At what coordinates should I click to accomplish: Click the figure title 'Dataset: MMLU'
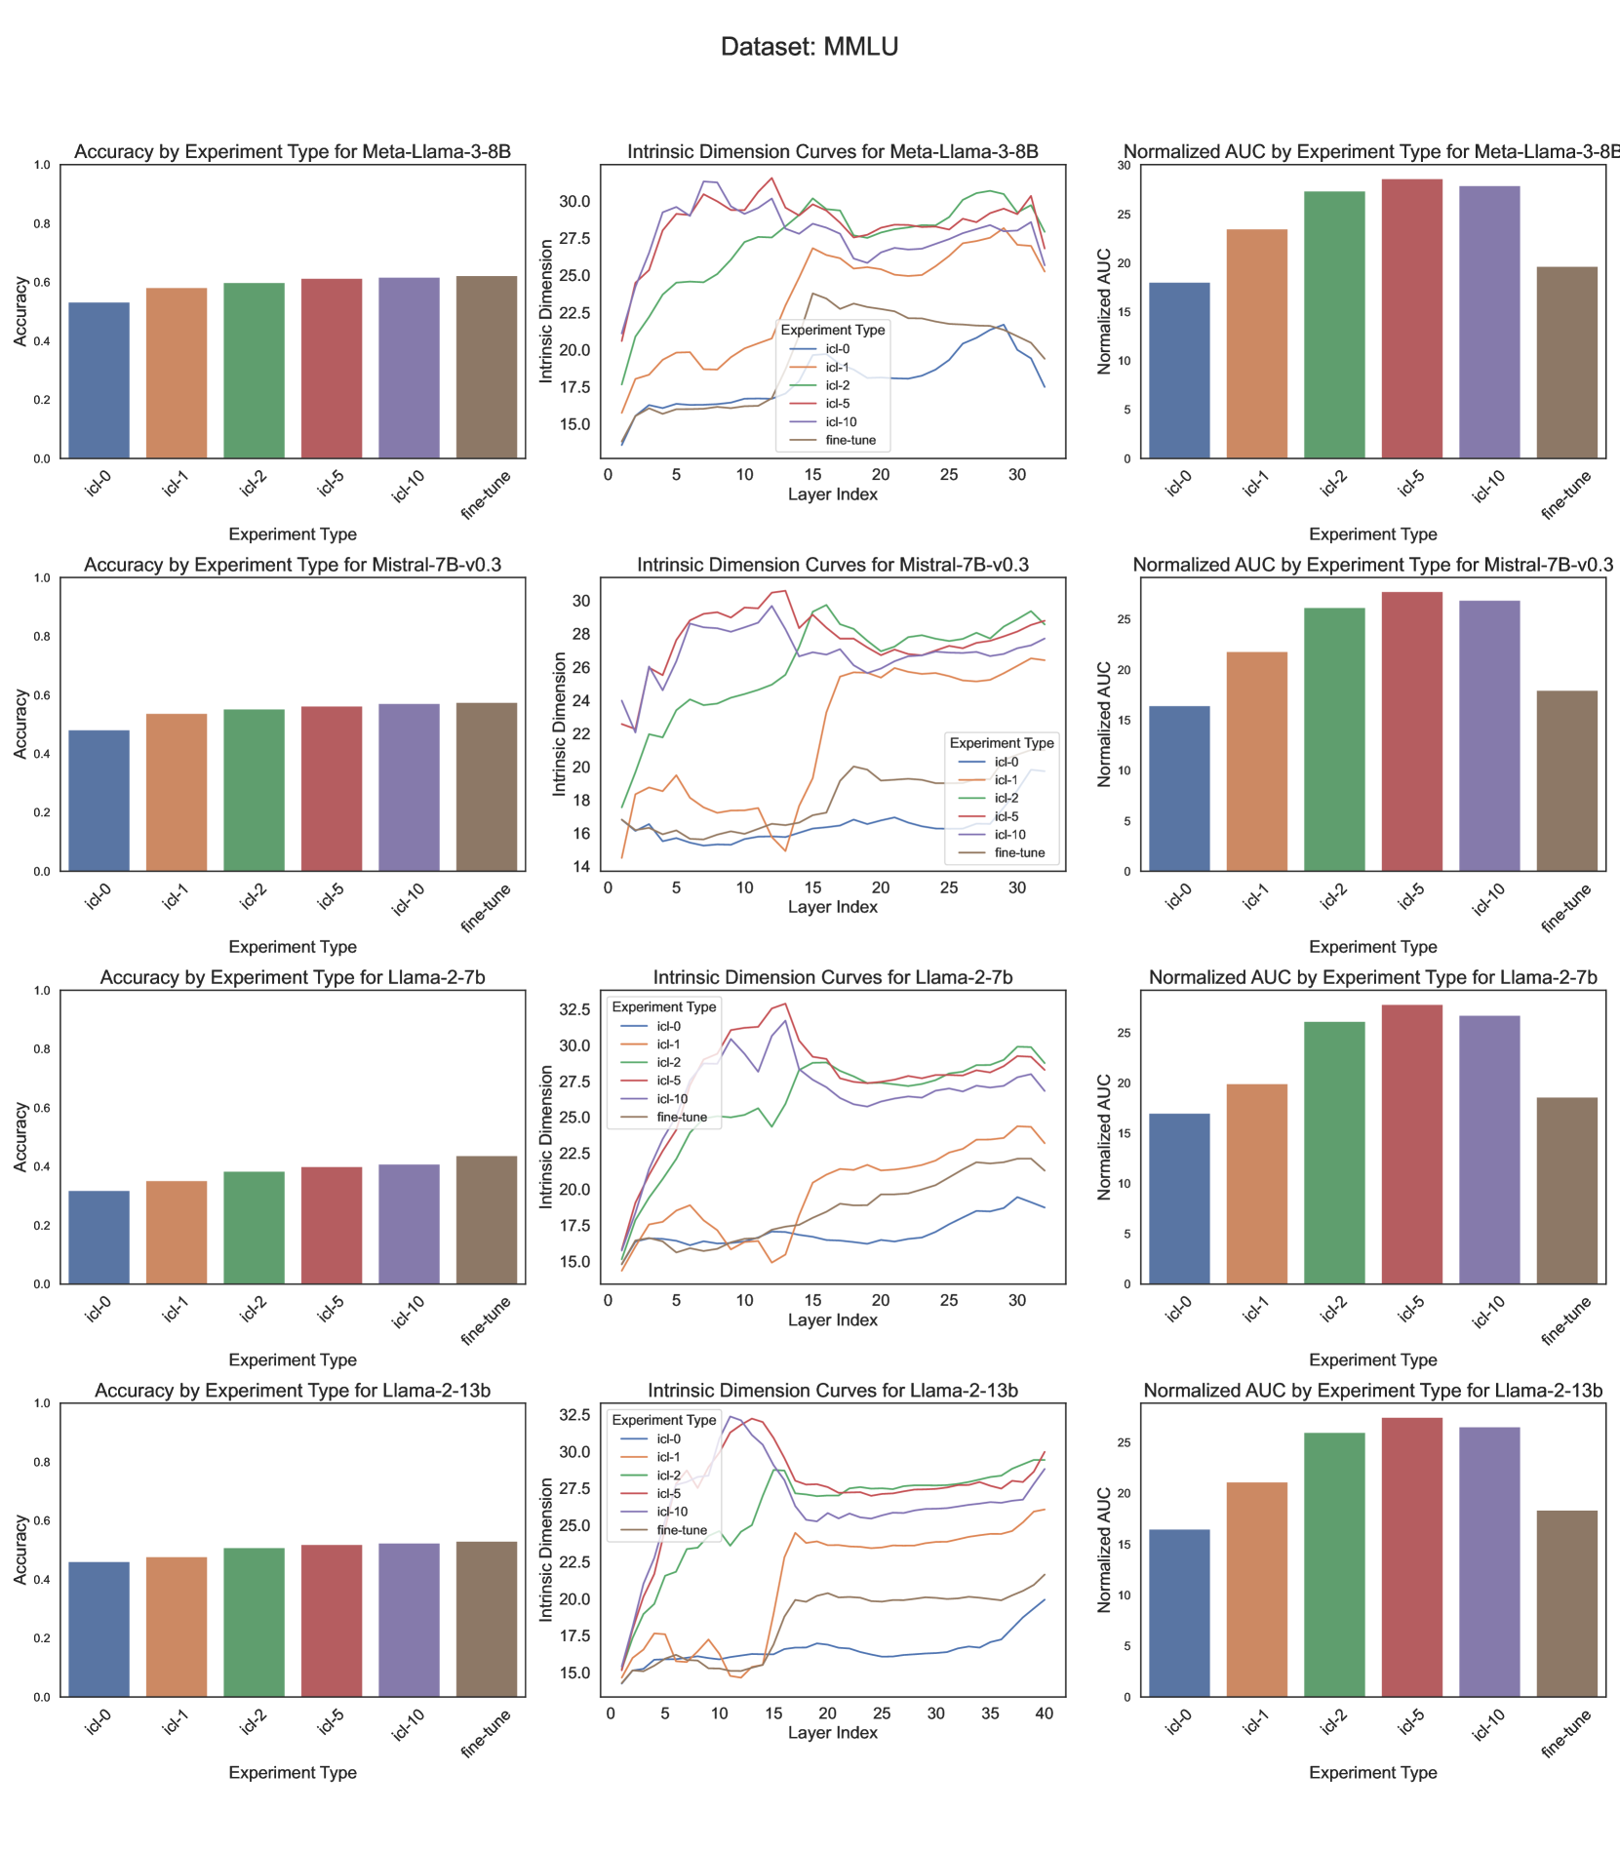[810, 47]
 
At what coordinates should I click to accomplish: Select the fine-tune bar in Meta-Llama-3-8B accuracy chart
[487, 368]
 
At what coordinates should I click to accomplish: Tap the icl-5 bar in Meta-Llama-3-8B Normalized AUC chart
[1412, 319]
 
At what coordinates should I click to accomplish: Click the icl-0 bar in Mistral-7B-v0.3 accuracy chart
[99, 801]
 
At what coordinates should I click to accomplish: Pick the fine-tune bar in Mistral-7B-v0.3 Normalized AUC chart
[1567, 781]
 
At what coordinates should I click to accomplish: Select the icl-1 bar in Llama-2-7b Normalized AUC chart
[1257, 1184]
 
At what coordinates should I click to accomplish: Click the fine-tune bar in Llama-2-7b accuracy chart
[487, 1220]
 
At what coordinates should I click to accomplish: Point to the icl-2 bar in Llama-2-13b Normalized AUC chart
[1334, 1564]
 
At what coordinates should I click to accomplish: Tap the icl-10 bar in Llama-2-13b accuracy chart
[409, 1620]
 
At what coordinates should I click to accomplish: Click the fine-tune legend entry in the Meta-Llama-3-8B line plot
[850, 440]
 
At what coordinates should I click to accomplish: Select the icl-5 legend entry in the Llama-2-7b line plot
[669, 1081]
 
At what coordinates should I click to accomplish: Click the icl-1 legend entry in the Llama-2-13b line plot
[669, 1457]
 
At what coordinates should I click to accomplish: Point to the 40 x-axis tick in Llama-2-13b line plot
[1045, 1714]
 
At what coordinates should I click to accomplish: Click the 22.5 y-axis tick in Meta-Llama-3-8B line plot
[574, 313]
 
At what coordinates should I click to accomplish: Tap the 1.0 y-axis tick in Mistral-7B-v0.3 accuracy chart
[42, 578]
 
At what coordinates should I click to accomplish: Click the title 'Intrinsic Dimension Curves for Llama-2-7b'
[832, 977]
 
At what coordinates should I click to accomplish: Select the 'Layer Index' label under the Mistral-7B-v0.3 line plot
[832, 907]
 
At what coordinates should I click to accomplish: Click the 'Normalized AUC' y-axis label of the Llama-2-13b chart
[1105, 1550]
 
